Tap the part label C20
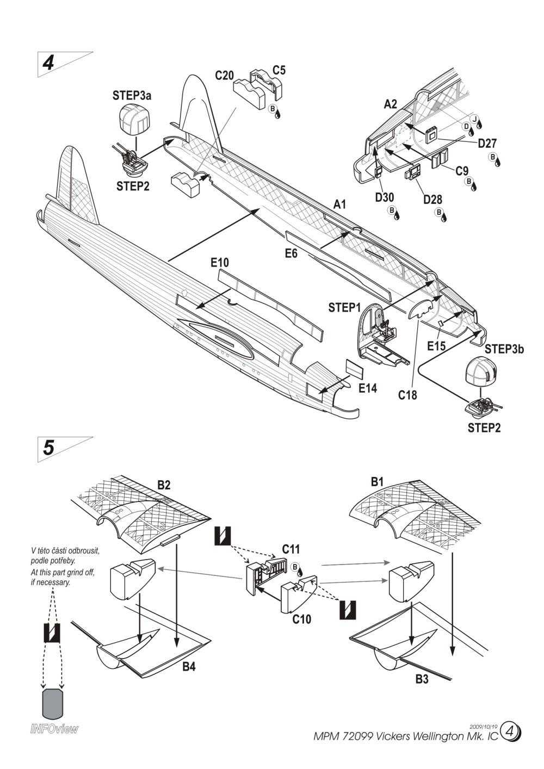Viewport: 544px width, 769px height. (224, 76)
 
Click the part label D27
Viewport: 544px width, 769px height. (487, 144)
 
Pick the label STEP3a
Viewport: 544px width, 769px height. (132, 96)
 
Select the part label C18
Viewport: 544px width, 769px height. (407, 395)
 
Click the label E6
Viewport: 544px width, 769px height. (292, 253)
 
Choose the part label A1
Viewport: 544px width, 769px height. (340, 204)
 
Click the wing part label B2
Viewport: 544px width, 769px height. (164, 485)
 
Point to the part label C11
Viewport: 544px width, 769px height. (291, 550)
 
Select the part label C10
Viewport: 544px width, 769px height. (301, 619)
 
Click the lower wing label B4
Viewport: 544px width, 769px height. (189, 667)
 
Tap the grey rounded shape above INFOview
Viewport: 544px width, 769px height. (54, 704)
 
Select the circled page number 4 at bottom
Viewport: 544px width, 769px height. (510, 731)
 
